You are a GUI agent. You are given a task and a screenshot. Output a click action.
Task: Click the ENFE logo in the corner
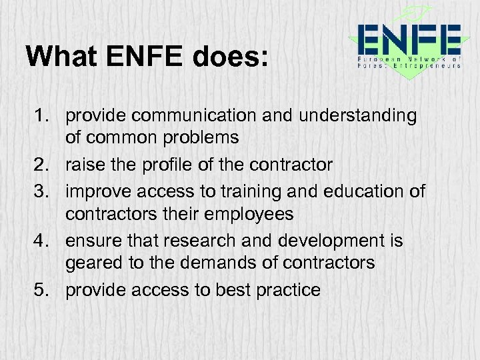[407, 44]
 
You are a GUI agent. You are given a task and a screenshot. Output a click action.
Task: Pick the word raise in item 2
[85, 165]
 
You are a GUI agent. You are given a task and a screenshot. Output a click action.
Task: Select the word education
[363, 192]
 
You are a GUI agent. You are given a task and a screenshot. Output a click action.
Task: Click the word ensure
[91, 241]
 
